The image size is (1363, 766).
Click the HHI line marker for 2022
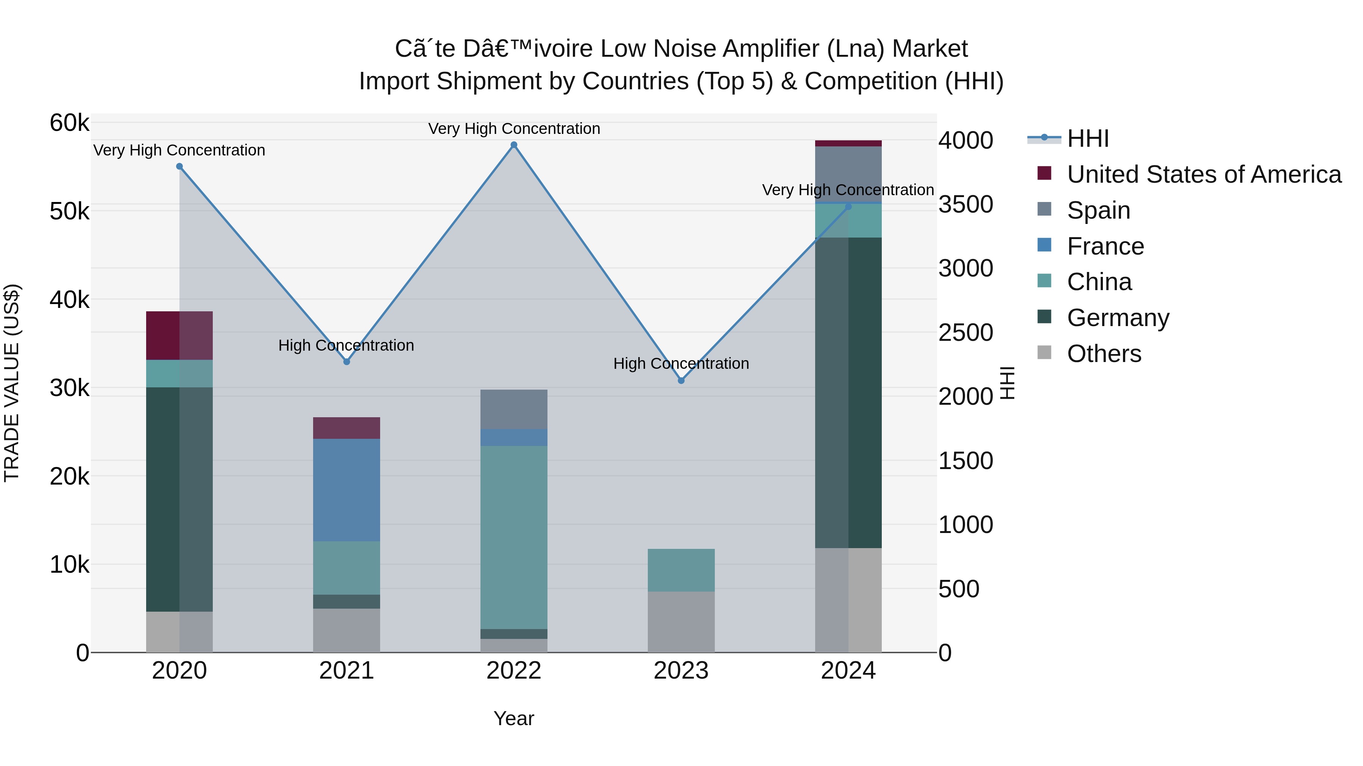click(x=514, y=145)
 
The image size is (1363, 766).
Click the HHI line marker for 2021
click(x=346, y=362)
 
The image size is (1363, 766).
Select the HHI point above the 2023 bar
click(x=681, y=381)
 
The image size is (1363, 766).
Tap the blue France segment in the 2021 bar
click(x=346, y=489)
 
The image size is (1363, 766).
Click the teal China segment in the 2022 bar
click(x=514, y=537)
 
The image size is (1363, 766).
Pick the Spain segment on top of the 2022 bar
click(x=514, y=409)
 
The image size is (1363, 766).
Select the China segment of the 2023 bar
click(x=681, y=570)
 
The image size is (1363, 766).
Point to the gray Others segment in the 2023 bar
click(x=681, y=622)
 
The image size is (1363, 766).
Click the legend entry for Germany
click(x=1118, y=318)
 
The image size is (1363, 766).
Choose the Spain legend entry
click(x=1098, y=210)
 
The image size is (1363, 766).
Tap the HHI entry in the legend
click(x=1087, y=138)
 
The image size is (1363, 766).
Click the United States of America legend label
click(x=1204, y=174)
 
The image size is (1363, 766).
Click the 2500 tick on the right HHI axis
click(x=965, y=333)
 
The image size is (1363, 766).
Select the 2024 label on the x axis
click(x=848, y=671)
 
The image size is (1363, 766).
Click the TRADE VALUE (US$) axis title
click(x=12, y=383)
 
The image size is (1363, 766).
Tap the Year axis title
click(x=514, y=718)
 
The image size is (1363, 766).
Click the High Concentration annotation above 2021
click(x=346, y=345)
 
